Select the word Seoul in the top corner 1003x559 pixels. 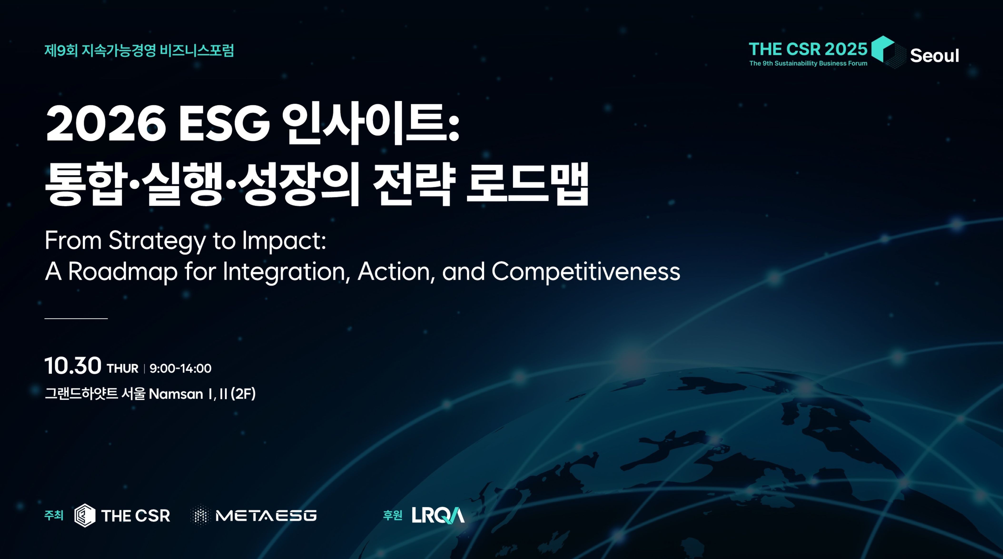934,56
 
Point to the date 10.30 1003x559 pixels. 73,366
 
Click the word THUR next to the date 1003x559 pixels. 123,368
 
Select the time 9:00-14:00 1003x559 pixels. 180,368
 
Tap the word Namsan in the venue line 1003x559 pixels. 176,394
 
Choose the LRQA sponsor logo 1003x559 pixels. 438,515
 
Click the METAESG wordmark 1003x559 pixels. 266,516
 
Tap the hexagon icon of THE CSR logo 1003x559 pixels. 85,515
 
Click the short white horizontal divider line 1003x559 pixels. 76,318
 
